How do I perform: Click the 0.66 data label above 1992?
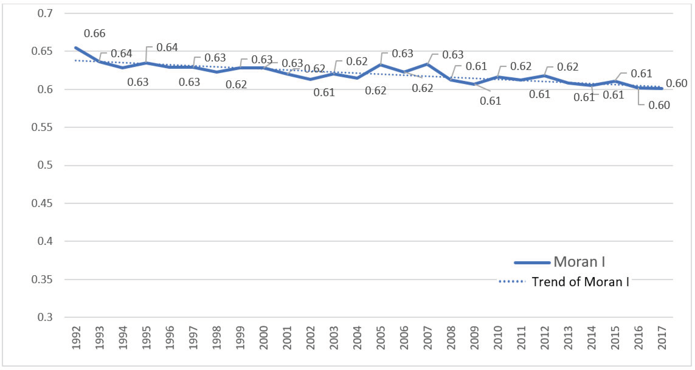click(x=94, y=34)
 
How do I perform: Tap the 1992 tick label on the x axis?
click(x=76, y=338)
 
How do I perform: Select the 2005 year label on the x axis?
click(x=381, y=338)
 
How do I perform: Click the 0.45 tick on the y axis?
click(x=42, y=203)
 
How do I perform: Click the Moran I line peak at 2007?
click(x=427, y=64)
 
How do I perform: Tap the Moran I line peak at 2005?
click(x=381, y=65)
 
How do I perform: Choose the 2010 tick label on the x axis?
click(x=498, y=338)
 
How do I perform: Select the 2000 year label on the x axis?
click(x=264, y=338)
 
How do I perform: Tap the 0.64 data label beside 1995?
click(x=167, y=48)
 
